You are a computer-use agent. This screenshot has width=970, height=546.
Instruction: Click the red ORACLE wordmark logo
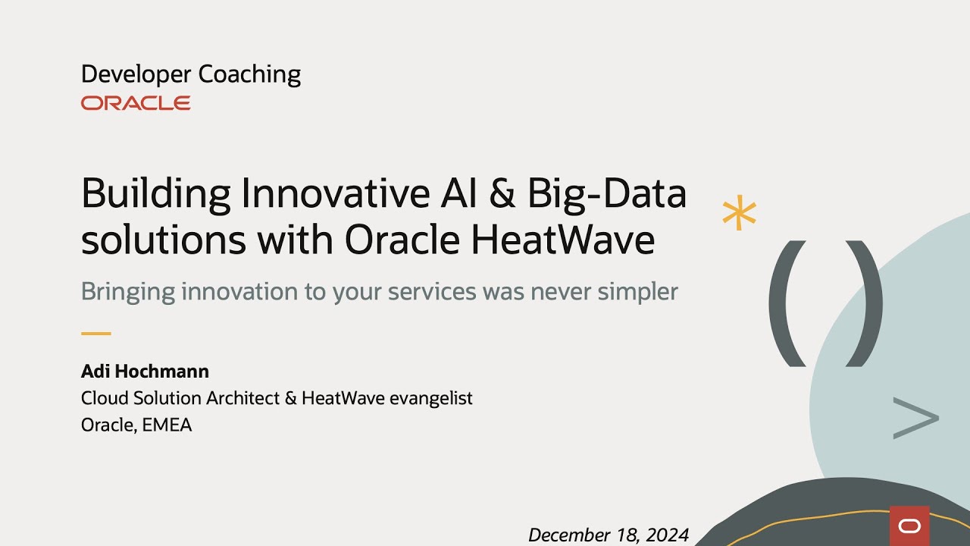(136, 103)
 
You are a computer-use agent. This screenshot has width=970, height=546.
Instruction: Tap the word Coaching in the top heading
(249, 74)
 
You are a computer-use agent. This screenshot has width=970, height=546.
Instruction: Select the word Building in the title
(156, 194)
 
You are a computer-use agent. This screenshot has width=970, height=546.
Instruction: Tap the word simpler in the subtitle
(637, 292)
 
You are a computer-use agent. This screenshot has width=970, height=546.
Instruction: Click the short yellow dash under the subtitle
(95, 333)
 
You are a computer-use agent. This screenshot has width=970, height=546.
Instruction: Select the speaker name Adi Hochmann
(145, 372)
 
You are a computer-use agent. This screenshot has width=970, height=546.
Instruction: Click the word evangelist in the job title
(430, 398)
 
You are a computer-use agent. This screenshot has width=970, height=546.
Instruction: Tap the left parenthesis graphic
(787, 303)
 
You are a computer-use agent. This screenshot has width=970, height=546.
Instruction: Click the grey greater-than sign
(915, 418)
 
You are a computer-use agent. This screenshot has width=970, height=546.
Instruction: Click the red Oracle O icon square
(909, 526)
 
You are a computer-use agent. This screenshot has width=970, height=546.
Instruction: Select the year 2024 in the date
(667, 535)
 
